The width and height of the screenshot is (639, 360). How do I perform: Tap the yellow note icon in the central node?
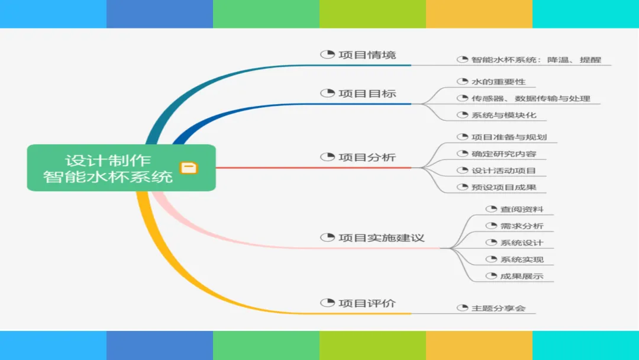189,168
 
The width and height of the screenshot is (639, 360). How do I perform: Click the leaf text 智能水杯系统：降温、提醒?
536,60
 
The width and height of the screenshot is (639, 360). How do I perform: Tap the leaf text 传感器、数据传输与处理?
531,98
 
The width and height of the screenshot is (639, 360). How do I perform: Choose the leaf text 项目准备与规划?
509,137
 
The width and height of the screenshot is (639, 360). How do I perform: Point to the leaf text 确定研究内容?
504,154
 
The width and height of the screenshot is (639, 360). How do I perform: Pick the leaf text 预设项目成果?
504,188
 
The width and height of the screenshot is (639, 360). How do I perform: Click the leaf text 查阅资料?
522,210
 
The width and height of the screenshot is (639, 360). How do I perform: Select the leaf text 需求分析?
522,226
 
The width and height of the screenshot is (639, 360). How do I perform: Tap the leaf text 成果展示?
522,276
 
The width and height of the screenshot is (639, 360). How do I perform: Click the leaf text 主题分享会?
498,308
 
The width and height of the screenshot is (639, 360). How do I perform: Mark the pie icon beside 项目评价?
327,303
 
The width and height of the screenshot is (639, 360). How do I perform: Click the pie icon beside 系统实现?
490,259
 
